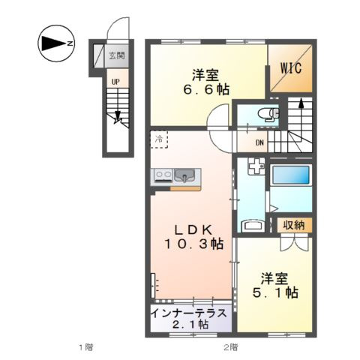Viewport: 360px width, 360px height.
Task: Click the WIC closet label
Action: tap(291, 67)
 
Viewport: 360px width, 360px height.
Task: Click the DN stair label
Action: tap(259, 143)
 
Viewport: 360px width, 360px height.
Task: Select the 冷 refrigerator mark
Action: tap(160, 139)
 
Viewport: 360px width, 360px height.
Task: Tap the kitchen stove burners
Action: tap(163, 177)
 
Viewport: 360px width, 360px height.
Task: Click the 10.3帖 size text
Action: tap(193, 244)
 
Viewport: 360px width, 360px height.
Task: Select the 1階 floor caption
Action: tap(86, 347)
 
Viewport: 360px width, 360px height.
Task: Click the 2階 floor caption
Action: tap(230, 347)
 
